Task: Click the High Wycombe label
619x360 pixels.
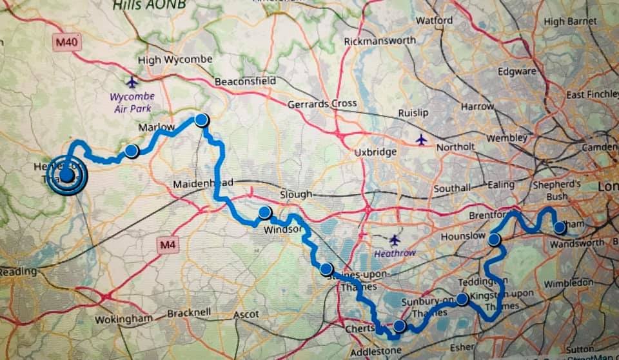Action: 175,60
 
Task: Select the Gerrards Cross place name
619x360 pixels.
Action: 322,104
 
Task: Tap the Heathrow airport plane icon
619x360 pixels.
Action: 395,240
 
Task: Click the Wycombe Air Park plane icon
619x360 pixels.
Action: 133,82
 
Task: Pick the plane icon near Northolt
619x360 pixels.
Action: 421,139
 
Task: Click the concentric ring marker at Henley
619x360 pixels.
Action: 66,175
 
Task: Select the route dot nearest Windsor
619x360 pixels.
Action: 264,212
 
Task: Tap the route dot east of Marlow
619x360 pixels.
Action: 202,119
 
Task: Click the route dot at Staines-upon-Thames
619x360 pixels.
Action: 326,269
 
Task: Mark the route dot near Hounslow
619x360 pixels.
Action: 495,240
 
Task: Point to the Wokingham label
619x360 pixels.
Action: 124,319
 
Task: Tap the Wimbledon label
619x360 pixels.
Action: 568,283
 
